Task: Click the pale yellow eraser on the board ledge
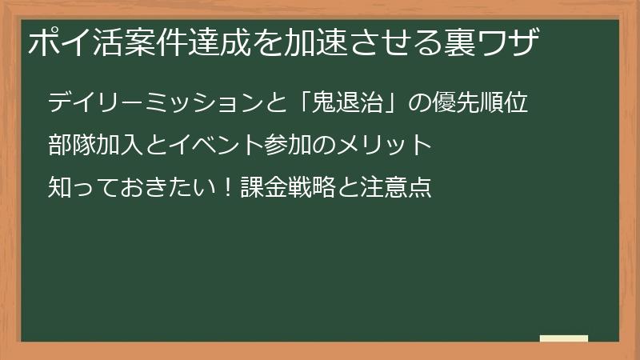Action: pos(563,338)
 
